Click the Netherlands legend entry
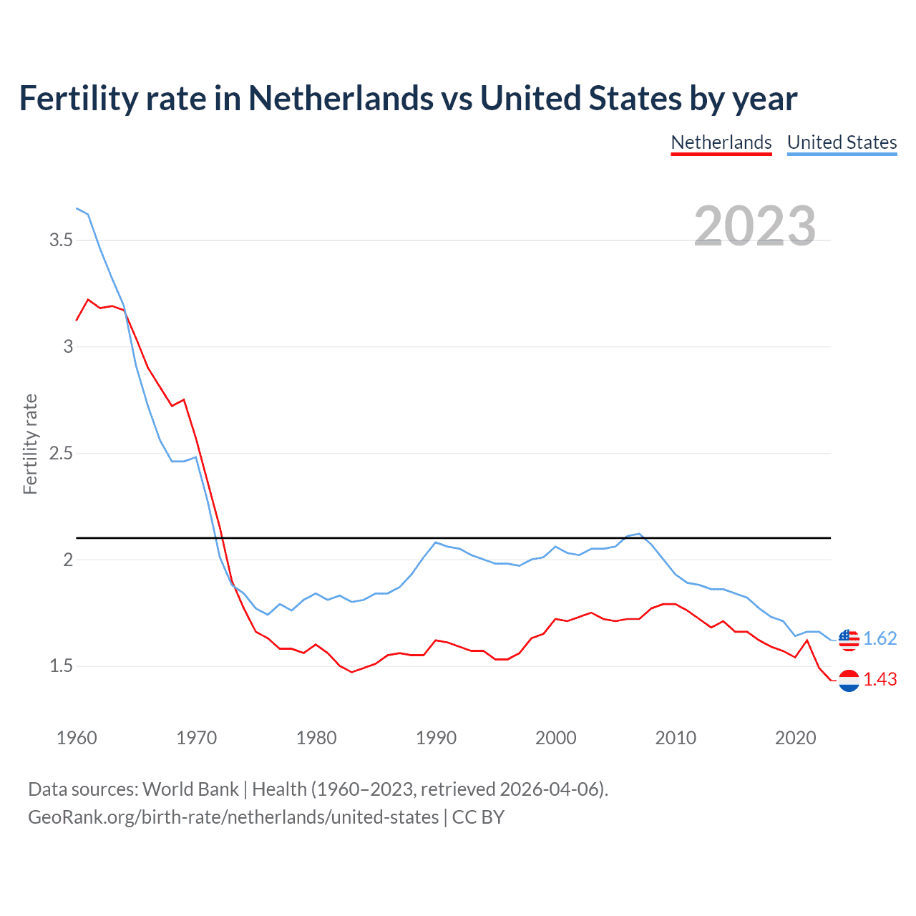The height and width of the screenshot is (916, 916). pos(721,142)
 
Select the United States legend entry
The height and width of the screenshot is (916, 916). pos(842,142)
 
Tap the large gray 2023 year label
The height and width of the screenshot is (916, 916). pos(755,226)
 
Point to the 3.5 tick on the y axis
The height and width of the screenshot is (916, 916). pos(62,240)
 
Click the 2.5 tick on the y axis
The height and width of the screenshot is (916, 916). pos(62,453)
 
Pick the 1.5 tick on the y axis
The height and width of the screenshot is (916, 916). pos(62,666)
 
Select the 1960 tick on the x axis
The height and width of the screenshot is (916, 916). pos(77,738)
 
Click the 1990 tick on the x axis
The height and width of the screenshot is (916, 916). pos(436,738)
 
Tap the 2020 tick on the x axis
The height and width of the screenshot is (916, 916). pos(795,738)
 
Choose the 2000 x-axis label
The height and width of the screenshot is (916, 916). pos(555,738)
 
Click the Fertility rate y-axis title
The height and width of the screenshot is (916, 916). pos(30,444)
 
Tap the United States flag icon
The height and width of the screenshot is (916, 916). pos(849,639)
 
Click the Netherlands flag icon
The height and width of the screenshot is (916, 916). pos(849,680)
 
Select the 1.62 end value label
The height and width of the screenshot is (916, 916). pos(880,638)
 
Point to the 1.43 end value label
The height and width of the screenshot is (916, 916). pos(880,679)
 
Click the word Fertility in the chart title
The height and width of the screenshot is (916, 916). pos(78,98)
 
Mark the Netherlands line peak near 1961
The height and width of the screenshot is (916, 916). pos(88,299)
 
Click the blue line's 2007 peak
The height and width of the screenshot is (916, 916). pos(639,534)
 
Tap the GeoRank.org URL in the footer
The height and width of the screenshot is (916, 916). pos(233,817)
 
